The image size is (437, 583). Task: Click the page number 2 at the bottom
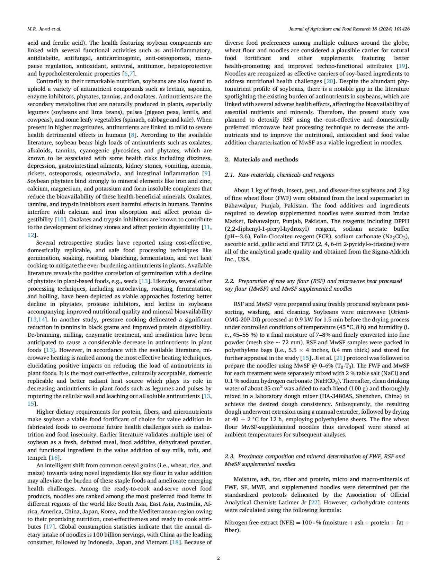tap(218, 558)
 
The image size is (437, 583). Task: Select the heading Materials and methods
tap(266, 159)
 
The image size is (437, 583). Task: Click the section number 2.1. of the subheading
tap(230, 175)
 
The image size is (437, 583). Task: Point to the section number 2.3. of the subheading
tap(230, 456)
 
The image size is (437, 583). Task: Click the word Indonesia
tap(100, 542)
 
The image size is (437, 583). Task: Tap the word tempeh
tap(36, 458)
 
